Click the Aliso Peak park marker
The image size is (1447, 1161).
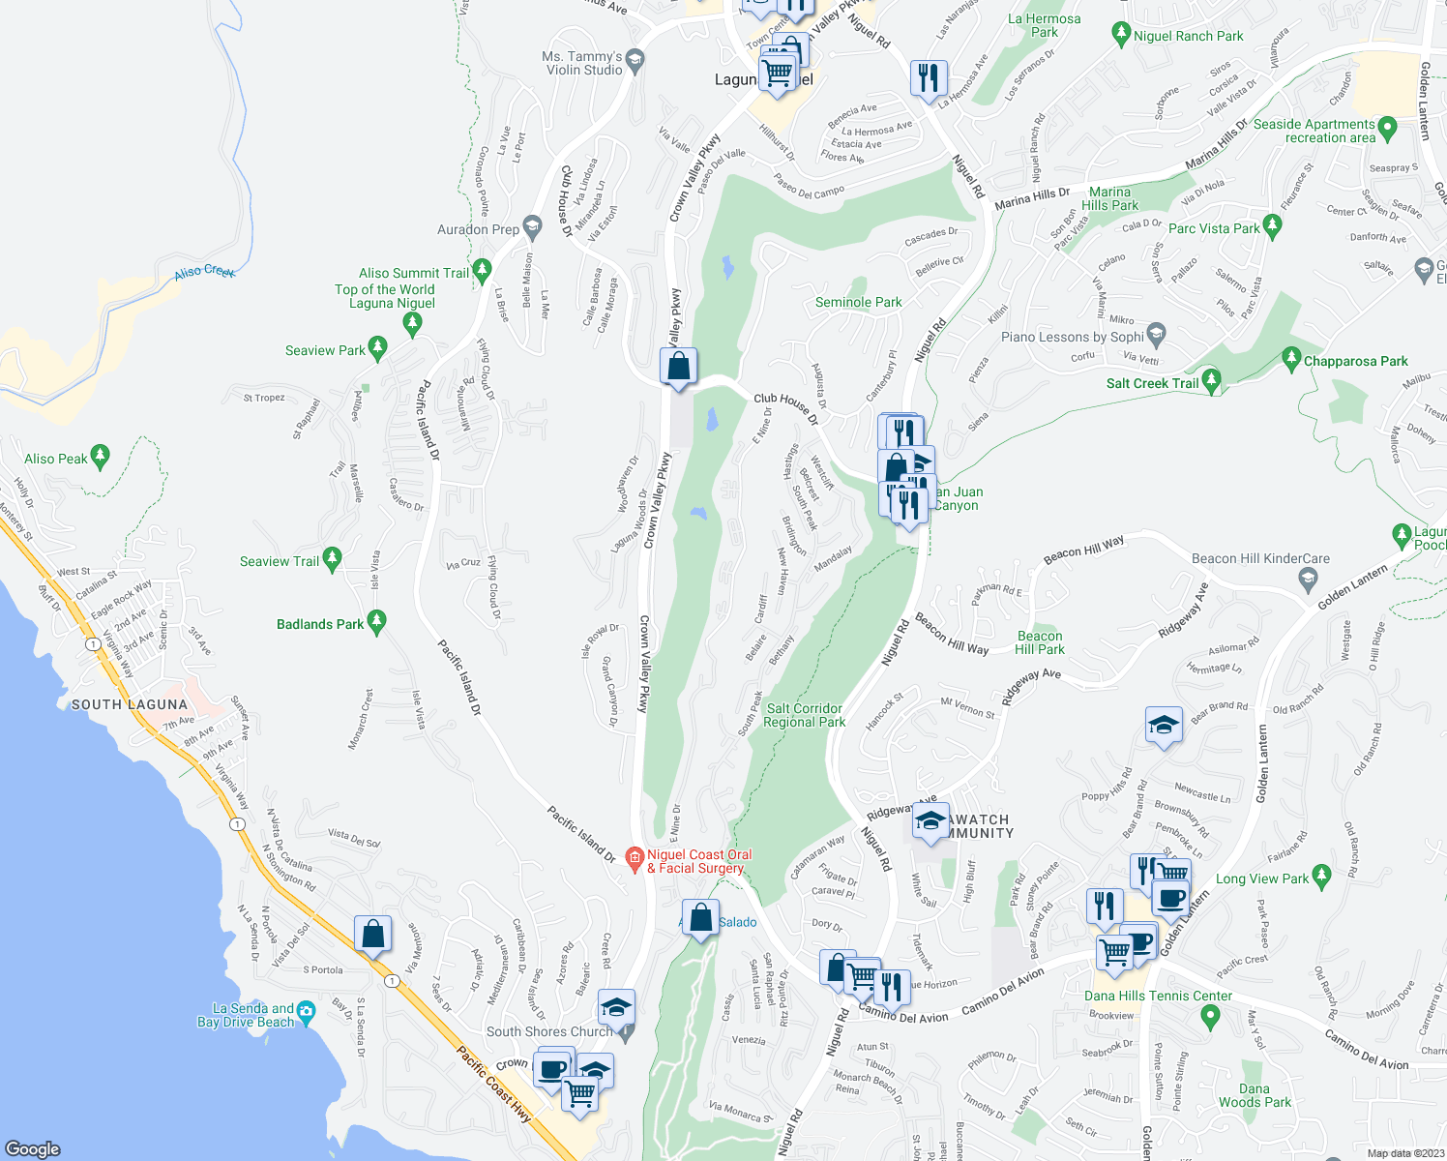click(x=100, y=456)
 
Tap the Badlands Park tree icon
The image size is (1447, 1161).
click(x=377, y=622)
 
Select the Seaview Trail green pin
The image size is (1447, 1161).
click(x=332, y=558)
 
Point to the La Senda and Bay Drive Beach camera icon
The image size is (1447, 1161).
click(x=306, y=1012)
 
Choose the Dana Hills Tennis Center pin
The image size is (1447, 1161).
click(x=1209, y=1016)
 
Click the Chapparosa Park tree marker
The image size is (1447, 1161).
click(x=1291, y=359)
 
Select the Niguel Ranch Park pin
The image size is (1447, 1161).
click(x=1121, y=35)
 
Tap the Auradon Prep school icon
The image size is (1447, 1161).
click(x=532, y=228)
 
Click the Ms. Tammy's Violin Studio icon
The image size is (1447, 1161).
click(x=635, y=61)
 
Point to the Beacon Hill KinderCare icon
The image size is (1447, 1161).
click(x=1308, y=580)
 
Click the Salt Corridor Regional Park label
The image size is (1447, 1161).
click(x=805, y=715)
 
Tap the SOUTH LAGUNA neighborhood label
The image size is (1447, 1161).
click(x=130, y=704)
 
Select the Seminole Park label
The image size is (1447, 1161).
click(x=858, y=303)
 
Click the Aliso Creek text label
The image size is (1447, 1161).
click(x=205, y=272)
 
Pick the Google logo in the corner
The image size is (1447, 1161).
click(x=33, y=1148)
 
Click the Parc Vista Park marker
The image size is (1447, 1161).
click(x=1272, y=227)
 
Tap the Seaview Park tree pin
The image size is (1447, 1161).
click(x=378, y=348)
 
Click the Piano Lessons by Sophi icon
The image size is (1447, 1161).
click(x=1155, y=336)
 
